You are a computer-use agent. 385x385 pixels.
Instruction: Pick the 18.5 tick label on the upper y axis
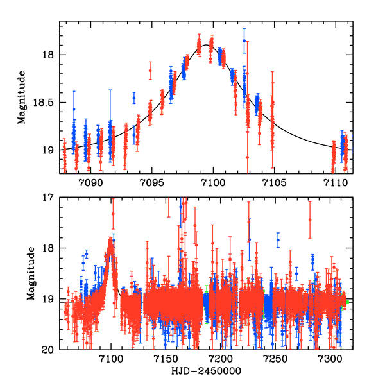click(x=44, y=102)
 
